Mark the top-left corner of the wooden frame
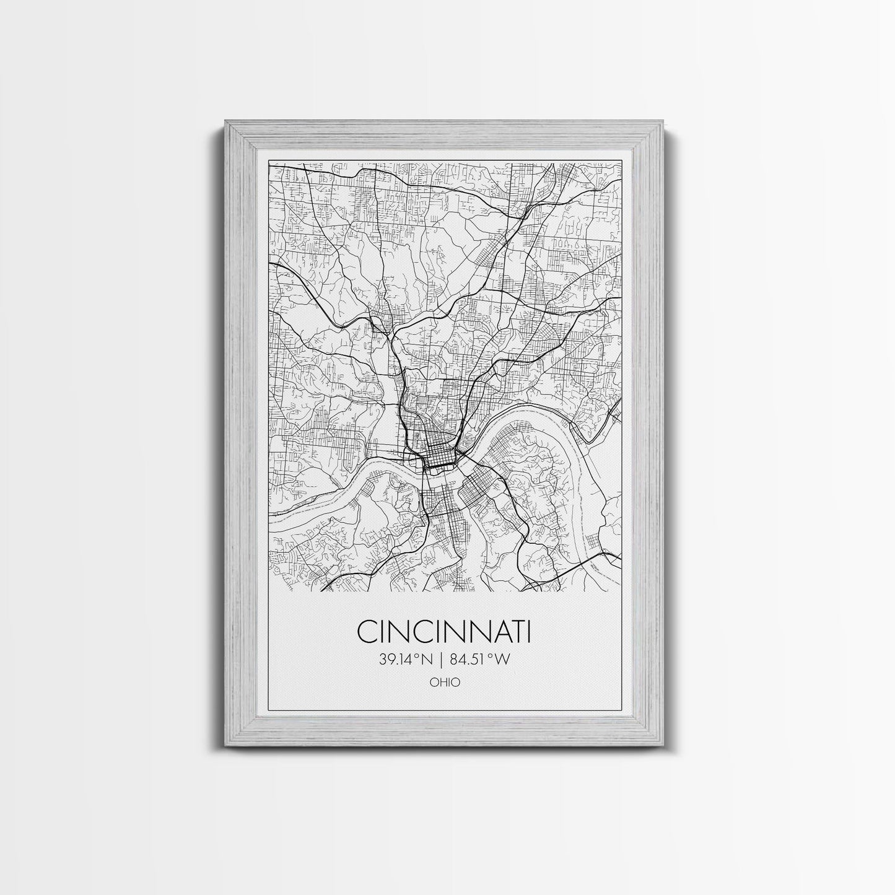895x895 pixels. [220, 124]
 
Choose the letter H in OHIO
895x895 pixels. [443, 683]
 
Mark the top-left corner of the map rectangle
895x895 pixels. [269, 162]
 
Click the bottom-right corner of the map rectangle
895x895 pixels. [622, 591]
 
